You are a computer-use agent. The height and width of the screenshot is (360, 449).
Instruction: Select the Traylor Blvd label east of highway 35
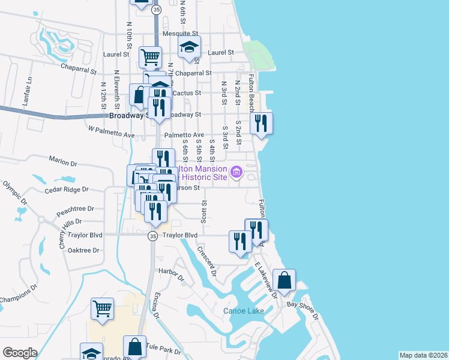tap(183, 235)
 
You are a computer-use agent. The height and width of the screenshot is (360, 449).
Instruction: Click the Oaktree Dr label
tap(83, 250)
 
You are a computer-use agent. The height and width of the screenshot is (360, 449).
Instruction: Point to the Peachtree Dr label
tap(75, 209)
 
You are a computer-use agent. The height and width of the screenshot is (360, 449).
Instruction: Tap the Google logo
tap(20, 352)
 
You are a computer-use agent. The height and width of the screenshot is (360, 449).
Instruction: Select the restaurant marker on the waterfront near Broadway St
tap(261, 122)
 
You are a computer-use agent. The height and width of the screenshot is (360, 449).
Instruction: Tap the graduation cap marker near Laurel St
tap(190, 46)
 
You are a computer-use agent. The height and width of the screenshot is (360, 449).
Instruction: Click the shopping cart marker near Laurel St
tap(150, 57)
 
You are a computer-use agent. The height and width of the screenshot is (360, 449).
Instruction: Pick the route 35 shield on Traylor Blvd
tap(153, 236)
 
